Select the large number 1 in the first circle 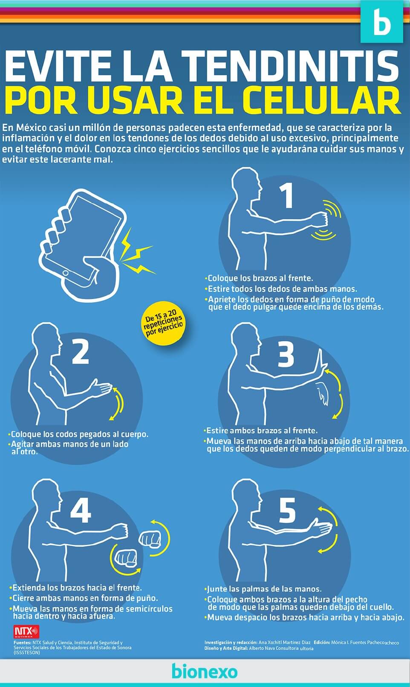coord(288,196)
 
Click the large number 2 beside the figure coord(80,352)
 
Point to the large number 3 coord(286,354)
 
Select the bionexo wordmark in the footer coord(205,671)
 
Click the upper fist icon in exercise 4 coord(150,539)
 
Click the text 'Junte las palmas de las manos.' coord(264,589)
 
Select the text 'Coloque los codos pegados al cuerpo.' coord(79,434)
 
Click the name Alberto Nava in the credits coord(263,648)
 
